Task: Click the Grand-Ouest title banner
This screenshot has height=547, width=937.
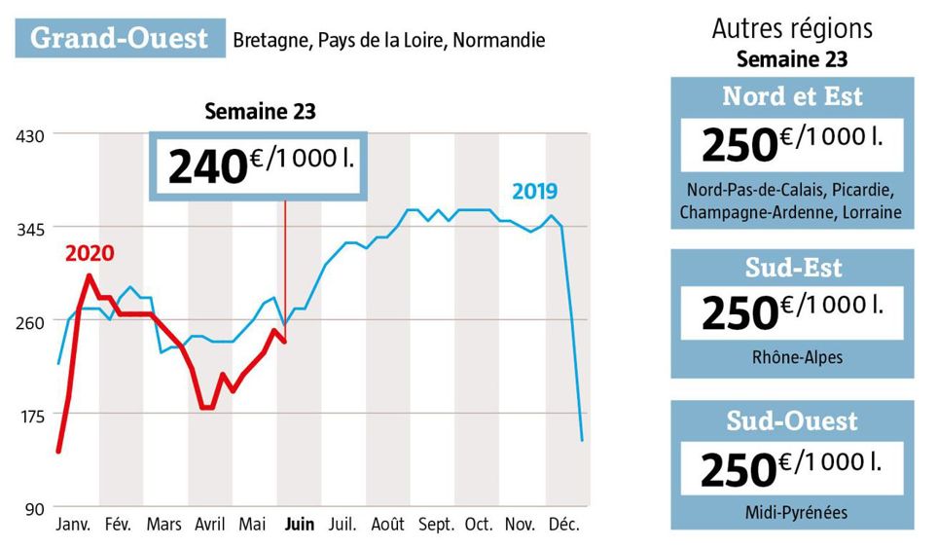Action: coord(120,38)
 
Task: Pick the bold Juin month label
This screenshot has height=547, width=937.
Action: coord(299,525)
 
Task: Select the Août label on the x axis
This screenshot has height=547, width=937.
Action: coord(389,525)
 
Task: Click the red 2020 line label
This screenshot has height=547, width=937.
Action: coord(90,254)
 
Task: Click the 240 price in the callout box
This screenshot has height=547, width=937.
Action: coord(206,166)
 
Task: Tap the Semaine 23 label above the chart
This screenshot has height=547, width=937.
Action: coord(260,111)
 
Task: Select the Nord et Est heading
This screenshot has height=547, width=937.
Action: coord(792,97)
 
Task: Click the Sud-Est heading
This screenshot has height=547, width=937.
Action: coord(792,267)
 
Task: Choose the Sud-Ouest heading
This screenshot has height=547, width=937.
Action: coord(792,420)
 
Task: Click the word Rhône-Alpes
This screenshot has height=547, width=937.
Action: coord(792,357)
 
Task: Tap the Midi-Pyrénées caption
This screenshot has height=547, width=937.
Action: coord(792,511)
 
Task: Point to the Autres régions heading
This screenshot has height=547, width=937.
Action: coord(792,29)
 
